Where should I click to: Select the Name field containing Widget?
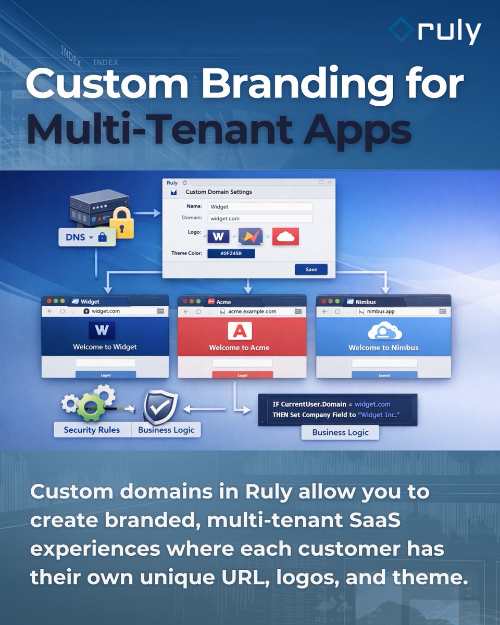[x=260, y=207]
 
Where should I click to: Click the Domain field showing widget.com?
[x=260, y=219]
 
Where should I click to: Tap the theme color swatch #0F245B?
[x=231, y=254]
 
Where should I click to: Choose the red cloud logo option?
[x=285, y=237]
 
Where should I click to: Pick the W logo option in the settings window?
[x=218, y=237]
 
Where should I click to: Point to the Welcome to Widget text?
[x=105, y=347]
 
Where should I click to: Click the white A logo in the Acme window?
[x=240, y=331]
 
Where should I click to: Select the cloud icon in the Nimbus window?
[x=383, y=331]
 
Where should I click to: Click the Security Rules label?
[x=92, y=430]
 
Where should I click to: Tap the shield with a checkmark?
[x=160, y=408]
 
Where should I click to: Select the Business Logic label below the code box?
[x=340, y=432]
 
